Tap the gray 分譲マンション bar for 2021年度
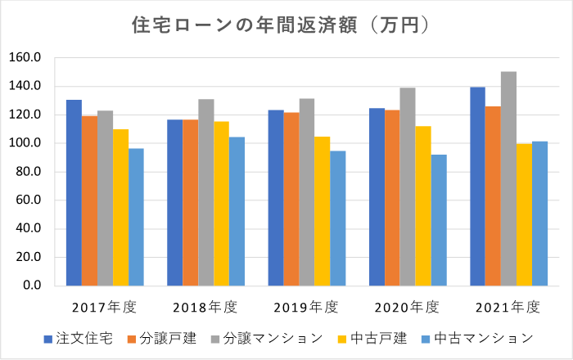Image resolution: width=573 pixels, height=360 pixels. (x=508, y=179)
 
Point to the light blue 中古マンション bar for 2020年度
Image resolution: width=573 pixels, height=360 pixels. (x=440, y=220)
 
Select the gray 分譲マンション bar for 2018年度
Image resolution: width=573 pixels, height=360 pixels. (x=205, y=192)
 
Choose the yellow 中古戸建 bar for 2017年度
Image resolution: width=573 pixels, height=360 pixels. (x=120, y=208)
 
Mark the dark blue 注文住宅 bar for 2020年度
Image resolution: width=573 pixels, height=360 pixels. (x=377, y=197)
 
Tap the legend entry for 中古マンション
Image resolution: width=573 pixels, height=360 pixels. (x=483, y=338)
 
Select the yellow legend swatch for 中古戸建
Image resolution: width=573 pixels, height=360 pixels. (x=341, y=339)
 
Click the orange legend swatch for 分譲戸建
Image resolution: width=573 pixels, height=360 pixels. (x=130, y=339)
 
